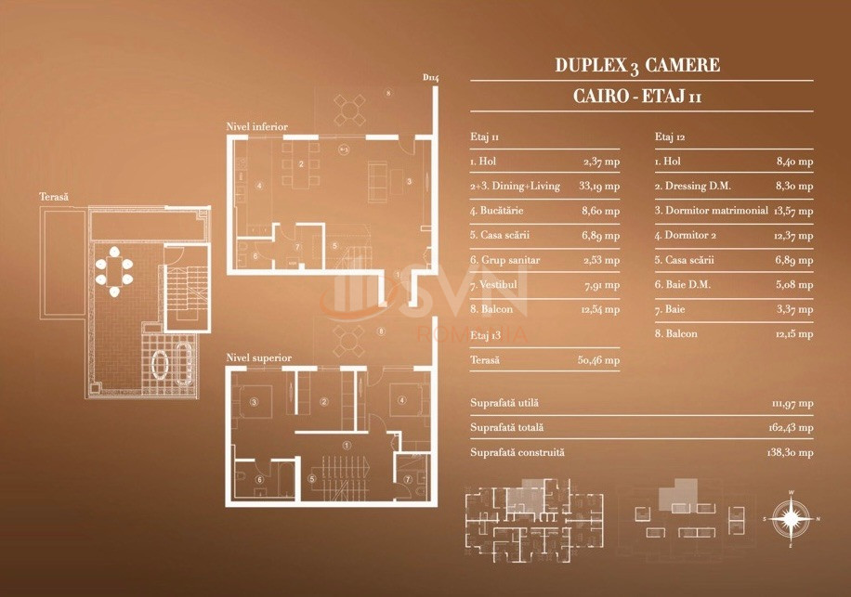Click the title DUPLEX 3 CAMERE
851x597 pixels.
636,66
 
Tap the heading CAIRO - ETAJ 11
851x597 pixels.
636,96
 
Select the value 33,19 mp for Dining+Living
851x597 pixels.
599,186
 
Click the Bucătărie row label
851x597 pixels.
496,211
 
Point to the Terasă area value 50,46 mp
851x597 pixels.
599,359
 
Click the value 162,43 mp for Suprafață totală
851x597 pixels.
792,428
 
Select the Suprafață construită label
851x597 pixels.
517,452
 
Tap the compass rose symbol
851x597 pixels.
790,518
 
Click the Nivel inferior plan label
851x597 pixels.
256,126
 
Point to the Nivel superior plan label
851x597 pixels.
258,357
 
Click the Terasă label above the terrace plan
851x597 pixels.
54,198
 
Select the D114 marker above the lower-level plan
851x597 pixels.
430,78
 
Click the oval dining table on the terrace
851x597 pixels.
114,270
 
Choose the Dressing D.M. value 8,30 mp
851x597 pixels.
793,186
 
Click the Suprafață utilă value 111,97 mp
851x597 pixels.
792,403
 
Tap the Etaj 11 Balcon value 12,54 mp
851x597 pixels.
599,310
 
